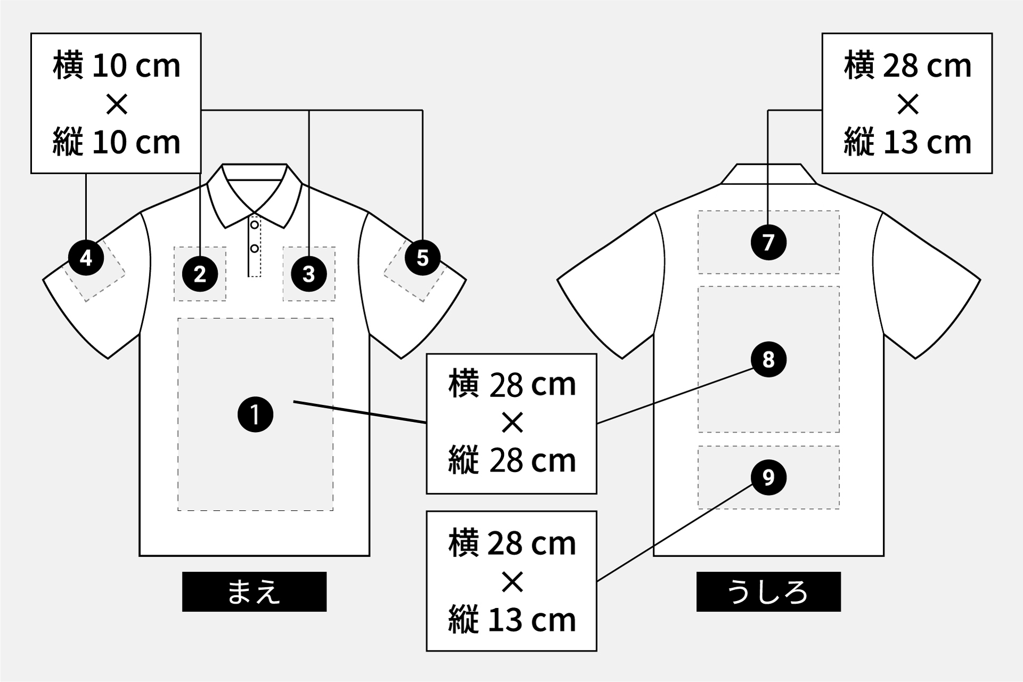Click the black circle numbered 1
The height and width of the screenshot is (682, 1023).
(255, 415)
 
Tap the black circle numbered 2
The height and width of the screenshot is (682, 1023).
(200, 274)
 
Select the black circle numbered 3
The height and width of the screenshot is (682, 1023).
(309, 274)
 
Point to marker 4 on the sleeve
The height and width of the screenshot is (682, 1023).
(86, 258)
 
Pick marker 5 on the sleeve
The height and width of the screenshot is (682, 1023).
(423, 258)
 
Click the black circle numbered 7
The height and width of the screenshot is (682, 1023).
(768, 242)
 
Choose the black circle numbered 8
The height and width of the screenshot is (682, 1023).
(768, 360)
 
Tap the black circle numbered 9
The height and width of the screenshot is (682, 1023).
(768, 477)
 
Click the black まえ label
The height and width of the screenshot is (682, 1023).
(254, 591)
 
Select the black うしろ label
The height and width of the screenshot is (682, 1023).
(768, 591)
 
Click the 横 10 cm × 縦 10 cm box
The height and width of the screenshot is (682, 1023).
(116, 103)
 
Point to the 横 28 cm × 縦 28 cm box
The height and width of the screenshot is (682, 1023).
(511, 424)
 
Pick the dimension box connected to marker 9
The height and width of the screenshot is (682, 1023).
(511, 581)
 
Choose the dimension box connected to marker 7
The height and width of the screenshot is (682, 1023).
(907, 103)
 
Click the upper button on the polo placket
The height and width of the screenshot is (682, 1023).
(255, 225)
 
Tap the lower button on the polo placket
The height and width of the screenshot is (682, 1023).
(255, 249)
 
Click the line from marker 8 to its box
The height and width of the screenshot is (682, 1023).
(674, 396)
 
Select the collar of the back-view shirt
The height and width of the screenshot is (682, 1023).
(768, 174)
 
